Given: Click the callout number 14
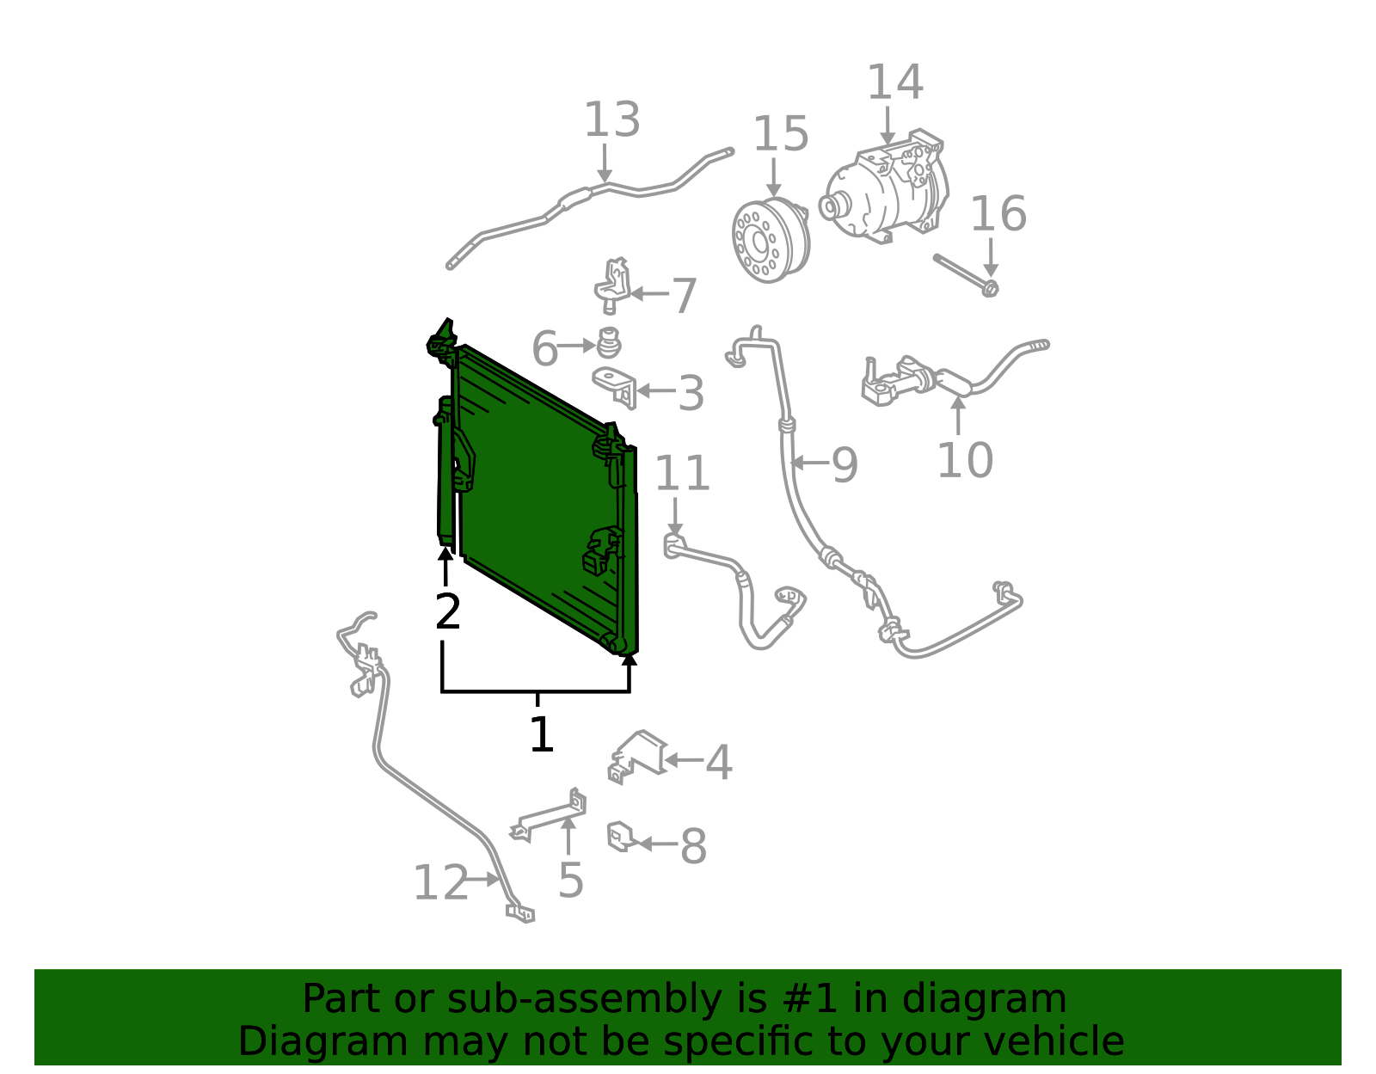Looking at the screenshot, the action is pyautogui.click(x=894, y=83).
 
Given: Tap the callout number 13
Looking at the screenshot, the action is pyautogui.click(x=611, y=120).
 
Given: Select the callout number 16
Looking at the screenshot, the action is pyautogui.click(x=998, y=213).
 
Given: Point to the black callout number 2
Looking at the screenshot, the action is pyautogui.click(x=448, y=611).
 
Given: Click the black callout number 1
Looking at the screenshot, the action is pyautogui.click(x=542, y=734).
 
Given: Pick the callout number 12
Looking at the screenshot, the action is pyautogui.click(x=440, y=883).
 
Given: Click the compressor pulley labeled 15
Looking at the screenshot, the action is pyautogui.click(x=771, y=241).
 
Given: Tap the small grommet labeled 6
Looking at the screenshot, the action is pyautogui.click(x=609, y=343).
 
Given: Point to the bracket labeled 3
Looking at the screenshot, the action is pyautogui.click(x=615, y=387).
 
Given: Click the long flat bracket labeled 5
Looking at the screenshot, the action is pyautogui.click(x=549, y=816).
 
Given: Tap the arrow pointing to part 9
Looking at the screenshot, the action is pyautogui.click(x=810, y=463).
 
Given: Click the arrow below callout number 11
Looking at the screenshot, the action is pyautogui.click(x=675, y=517).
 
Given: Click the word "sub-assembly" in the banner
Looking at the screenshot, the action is pyautogui.click(x=585, y=999).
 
